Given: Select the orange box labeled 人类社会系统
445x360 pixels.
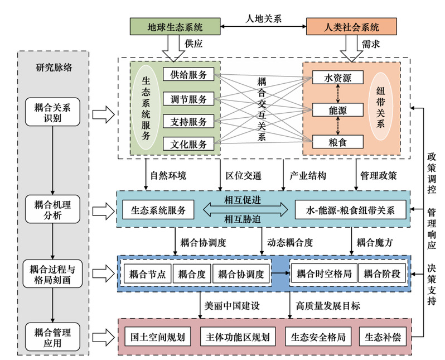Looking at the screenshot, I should (351, 26).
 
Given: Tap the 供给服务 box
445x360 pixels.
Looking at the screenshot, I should (188, 75).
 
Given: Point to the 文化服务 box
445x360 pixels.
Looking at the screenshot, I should (188, 144).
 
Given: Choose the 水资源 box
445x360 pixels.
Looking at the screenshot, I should (337, 78).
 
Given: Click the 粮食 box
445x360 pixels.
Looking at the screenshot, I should (337, 142).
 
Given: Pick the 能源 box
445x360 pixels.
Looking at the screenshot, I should (337, 110).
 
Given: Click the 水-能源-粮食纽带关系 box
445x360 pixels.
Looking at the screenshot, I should (350, 211).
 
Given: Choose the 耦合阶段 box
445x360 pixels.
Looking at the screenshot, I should (383, 274).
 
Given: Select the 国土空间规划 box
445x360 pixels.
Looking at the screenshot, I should (157, 338).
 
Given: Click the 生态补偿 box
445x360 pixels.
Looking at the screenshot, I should (383, 338).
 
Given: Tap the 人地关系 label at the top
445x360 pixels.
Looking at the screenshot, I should (263, 17).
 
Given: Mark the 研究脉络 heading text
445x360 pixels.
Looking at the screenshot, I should (54, 68).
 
